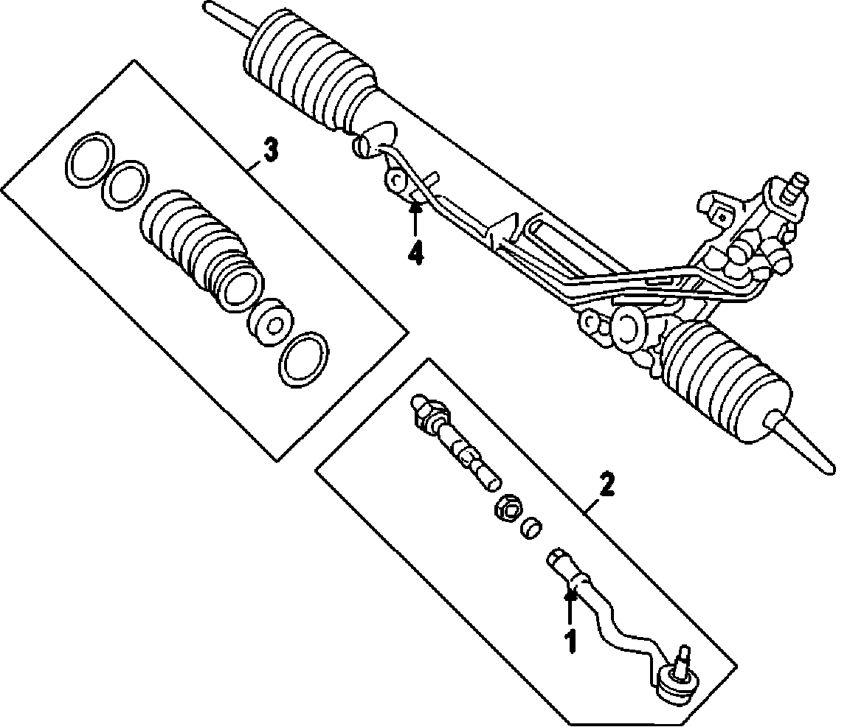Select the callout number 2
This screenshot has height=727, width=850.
[606, 485]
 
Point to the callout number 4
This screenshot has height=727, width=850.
[416, 252]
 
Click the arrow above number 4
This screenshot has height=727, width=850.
[416, 218]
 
